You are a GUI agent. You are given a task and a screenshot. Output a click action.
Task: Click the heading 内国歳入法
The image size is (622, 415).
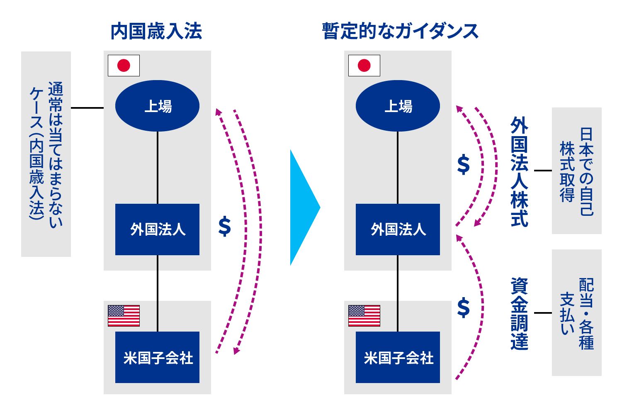point(156,32)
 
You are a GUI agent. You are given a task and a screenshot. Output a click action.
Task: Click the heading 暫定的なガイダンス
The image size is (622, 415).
point(400,32)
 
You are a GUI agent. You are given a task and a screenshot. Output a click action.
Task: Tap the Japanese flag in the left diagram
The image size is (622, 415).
point(124,66)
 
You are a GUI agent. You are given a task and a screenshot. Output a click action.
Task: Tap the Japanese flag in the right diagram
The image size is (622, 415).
point(364,66)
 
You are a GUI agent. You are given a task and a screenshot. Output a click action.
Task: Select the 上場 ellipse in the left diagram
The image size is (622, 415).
point(157,106)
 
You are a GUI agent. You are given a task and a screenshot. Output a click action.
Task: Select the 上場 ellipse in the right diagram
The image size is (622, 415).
point(398,106)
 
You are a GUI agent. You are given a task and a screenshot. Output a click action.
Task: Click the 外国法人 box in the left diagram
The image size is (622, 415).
point(157,229)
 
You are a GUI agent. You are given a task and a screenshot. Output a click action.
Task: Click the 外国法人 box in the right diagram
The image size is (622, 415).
point(398,229)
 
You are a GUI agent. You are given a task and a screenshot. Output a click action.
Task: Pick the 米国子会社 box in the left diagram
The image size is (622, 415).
point(157,357)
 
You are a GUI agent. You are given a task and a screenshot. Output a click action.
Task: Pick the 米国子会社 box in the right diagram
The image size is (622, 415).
point(398,357)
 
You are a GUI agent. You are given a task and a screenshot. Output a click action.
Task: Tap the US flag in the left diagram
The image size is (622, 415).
point(124,316)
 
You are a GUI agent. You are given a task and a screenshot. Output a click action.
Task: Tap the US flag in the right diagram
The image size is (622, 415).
point(364,316)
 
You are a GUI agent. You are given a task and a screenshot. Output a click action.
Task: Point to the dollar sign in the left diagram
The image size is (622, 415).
point(224,227)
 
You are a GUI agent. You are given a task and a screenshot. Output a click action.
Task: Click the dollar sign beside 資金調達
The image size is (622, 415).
point(464,308)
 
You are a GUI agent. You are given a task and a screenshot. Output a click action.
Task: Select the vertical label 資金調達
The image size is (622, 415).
point(519,314)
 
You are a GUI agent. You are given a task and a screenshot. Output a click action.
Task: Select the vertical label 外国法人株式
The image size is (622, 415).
point(519,171)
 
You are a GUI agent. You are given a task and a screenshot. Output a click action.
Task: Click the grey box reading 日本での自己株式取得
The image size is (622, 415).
point(576,171)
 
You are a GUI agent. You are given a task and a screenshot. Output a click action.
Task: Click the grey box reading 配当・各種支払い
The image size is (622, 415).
point(576,313)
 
